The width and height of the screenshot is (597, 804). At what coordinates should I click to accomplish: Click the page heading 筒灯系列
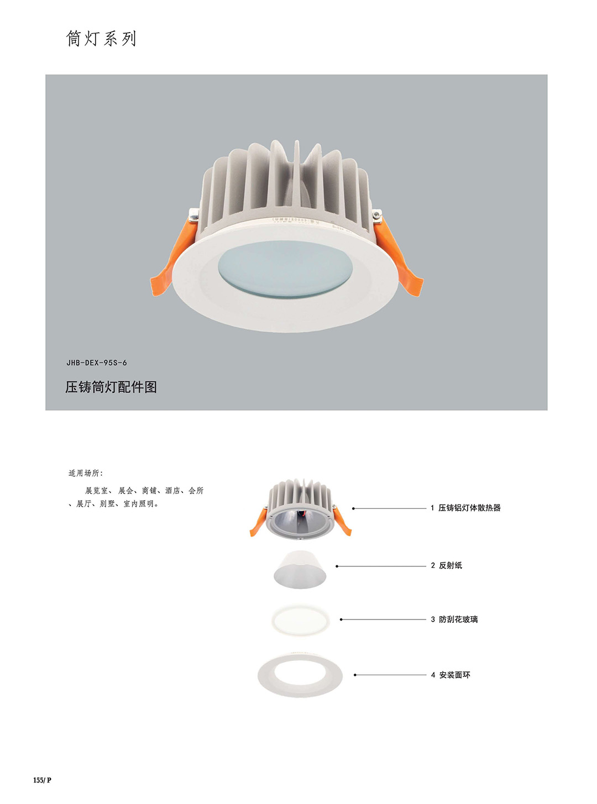[x=101, y=39]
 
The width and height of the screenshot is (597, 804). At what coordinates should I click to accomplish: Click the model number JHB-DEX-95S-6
[x=97, y=362]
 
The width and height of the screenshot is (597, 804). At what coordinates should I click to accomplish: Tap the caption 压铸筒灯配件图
[x=111, y=387]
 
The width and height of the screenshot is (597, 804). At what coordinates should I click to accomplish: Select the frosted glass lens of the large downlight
[x=285, y=269]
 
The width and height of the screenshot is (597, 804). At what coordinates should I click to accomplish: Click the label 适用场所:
[x=86, y=473]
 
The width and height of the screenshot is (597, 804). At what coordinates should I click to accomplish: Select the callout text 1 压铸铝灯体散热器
[x=465, y=508]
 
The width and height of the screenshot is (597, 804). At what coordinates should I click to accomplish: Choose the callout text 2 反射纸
[x=447, y=565]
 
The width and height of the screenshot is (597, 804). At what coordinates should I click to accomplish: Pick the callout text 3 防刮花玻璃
[x=454, y=619]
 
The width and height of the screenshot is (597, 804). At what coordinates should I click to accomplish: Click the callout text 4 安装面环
[x=451, y=675]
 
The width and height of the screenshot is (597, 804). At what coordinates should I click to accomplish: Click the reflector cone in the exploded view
[x=300, y=570]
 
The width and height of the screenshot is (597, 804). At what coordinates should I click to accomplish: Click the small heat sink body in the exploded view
[x=300, y=510]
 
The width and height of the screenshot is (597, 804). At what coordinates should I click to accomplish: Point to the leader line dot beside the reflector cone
[x=337, y=566]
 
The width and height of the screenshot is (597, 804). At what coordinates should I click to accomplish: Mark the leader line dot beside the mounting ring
[x=355, y=675]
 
